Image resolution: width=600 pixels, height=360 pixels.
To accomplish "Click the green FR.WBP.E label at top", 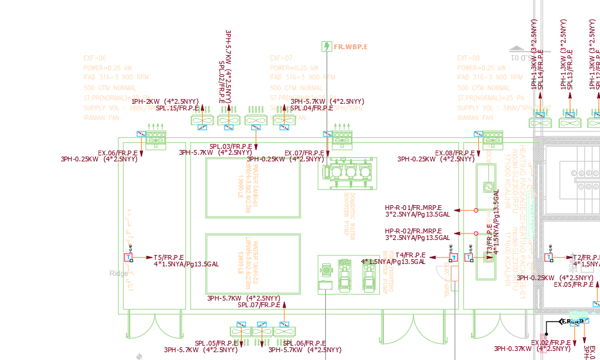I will pos(350,46).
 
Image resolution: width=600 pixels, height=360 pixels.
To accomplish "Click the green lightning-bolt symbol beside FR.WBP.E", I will pos(326,46).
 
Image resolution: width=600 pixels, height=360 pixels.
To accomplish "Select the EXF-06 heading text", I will pos(95,58).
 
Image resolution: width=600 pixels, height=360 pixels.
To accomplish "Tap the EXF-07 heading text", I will pos(281,58).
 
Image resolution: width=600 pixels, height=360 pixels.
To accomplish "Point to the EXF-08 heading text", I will pos(469,58).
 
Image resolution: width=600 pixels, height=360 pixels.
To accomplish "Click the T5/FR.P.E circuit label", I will pos(169,257).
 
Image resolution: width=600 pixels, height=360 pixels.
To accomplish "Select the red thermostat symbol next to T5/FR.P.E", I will pos(128,257).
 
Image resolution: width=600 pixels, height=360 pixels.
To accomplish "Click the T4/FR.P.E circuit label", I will pos(410,255).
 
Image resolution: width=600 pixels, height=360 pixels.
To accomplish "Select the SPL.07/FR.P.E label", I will pos(259,305).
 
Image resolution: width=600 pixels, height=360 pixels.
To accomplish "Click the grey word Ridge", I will pos(119,274).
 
